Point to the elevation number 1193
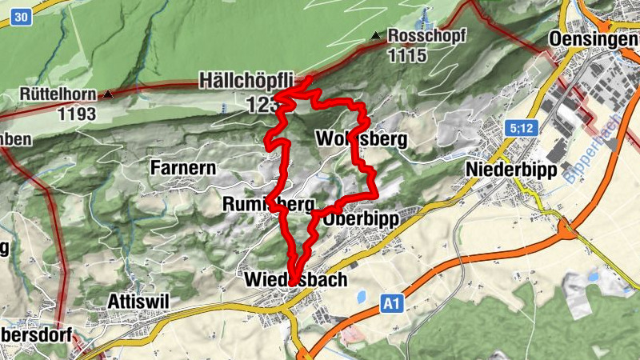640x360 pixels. (76, 114)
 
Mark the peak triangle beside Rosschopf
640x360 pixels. (376, 36)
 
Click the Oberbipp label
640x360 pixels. (362, 218)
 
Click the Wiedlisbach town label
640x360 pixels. (295, 279)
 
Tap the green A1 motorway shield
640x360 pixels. (390, 303)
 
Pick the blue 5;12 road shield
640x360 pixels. (518, 127)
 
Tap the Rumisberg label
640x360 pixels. (269, 205)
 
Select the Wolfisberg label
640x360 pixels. (362, 139)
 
